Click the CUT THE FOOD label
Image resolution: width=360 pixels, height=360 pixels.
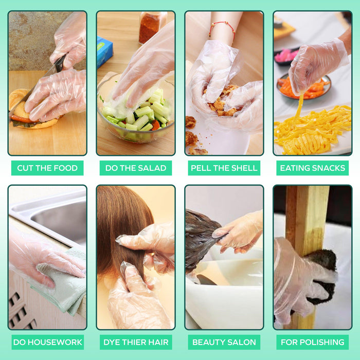click(47, 168)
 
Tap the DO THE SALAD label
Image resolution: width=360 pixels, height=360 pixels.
click(136, 168)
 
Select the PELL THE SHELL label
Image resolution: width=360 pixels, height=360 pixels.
click(224, 168)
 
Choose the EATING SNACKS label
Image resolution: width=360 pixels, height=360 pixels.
click(312, 168)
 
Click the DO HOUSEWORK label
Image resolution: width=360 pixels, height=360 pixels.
click(47, 342)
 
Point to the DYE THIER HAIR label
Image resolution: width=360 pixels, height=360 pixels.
click(136, 342)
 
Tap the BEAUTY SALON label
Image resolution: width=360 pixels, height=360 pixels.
click(224, 342)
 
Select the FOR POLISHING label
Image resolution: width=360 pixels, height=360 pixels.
click(312, 342)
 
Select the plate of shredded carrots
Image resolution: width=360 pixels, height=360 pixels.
click(303, 87)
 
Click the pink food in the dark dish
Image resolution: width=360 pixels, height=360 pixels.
click(285, 56)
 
